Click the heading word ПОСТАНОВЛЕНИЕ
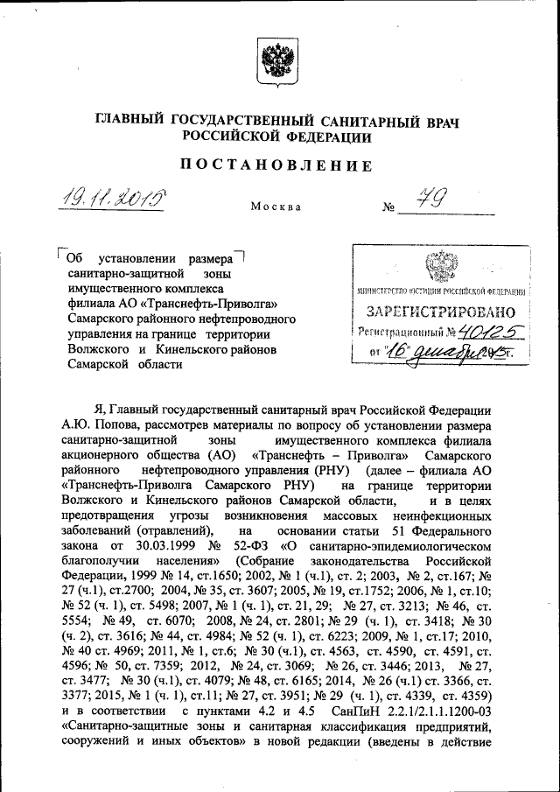pos(276,166)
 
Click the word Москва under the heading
pos(276,207)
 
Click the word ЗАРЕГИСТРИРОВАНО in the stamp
pos(436,311)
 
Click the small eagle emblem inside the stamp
pos(435,265)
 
